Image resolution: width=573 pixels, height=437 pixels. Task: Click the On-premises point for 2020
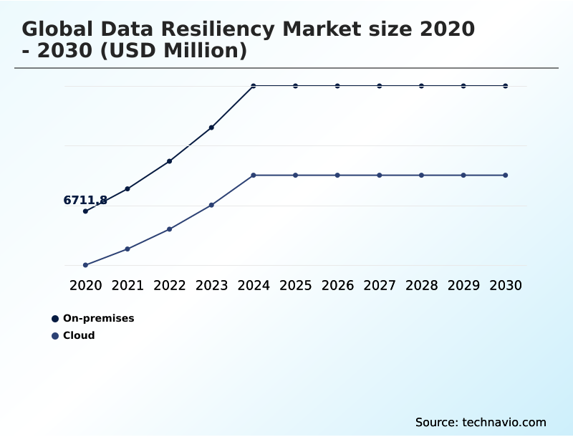click(85, 211)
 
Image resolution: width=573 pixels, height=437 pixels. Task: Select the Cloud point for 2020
click(85, 265)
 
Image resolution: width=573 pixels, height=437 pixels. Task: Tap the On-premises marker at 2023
click(211, 128)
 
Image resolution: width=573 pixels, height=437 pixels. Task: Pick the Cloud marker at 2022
click(170, 229)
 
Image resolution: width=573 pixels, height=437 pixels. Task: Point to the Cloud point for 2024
click(254, 175)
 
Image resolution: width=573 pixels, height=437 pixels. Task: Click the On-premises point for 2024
click(254, 86)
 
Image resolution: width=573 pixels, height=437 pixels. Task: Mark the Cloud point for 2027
click(380, 175)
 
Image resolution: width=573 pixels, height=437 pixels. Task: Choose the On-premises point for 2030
click(506, 86)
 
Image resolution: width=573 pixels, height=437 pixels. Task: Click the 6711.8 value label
click(85, 201)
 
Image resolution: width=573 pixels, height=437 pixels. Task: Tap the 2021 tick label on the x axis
click(127, 285)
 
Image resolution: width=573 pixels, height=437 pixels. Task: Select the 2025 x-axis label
click(295, 285)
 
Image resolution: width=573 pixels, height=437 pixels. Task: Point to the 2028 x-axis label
click(421, 285)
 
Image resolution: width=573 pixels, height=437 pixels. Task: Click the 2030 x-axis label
click(506, 285)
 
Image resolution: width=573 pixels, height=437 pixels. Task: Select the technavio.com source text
click(504, 422)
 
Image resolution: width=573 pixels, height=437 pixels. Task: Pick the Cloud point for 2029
click(463, 175)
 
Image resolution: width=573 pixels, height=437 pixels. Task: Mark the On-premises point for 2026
click(337, 86)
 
